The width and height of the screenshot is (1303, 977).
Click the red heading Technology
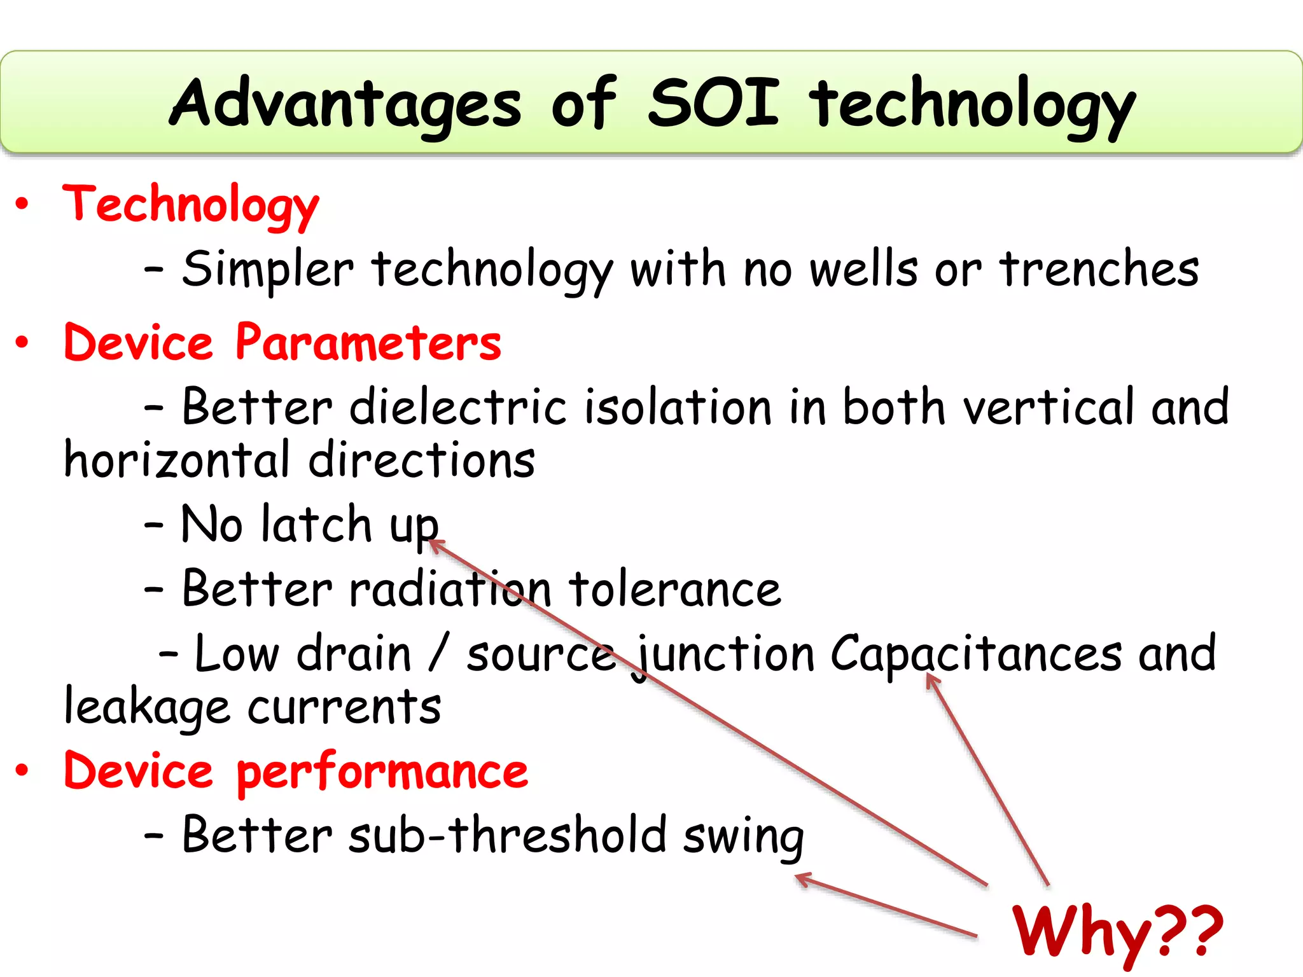(x=190, y=205)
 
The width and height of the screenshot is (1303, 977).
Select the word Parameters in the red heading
(x=368, y=343)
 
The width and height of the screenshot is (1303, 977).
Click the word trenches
(x=1099, y=269)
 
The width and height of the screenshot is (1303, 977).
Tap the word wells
(x=864, y=269)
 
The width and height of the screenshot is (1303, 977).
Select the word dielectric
(x=457, y=407)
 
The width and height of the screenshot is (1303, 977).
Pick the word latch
(x=316, y=525)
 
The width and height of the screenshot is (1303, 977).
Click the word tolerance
(x=674, y=589)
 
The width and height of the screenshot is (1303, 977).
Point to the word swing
(x=744, y=837)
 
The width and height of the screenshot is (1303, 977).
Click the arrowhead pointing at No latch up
(x=435, y=544)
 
